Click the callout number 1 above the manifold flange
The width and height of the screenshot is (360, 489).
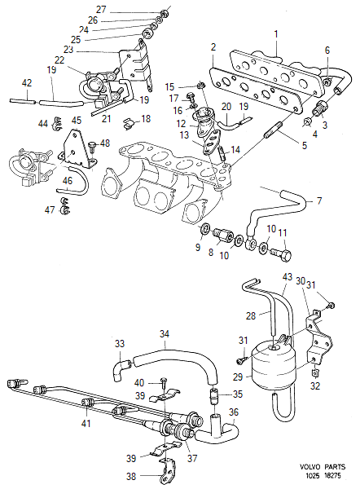point(276,34)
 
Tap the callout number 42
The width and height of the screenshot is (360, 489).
point(27,83)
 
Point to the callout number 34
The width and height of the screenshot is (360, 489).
point(165,334)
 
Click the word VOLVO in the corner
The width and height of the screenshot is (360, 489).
point(310,467)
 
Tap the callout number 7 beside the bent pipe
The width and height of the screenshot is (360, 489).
point(318,200)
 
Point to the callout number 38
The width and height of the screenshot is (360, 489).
point(131,476)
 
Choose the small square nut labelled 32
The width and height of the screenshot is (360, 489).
point(314,372)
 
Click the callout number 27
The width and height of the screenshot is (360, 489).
point(101,10)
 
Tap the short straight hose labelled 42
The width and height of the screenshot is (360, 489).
point(23,101)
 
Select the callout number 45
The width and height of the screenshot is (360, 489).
point(77,120)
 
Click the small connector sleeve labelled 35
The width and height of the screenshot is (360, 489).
point(213,398)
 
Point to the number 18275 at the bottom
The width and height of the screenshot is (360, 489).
point(332,476)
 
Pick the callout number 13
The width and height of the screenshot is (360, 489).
point(185,134)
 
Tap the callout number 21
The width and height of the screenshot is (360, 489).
point(106,119)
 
